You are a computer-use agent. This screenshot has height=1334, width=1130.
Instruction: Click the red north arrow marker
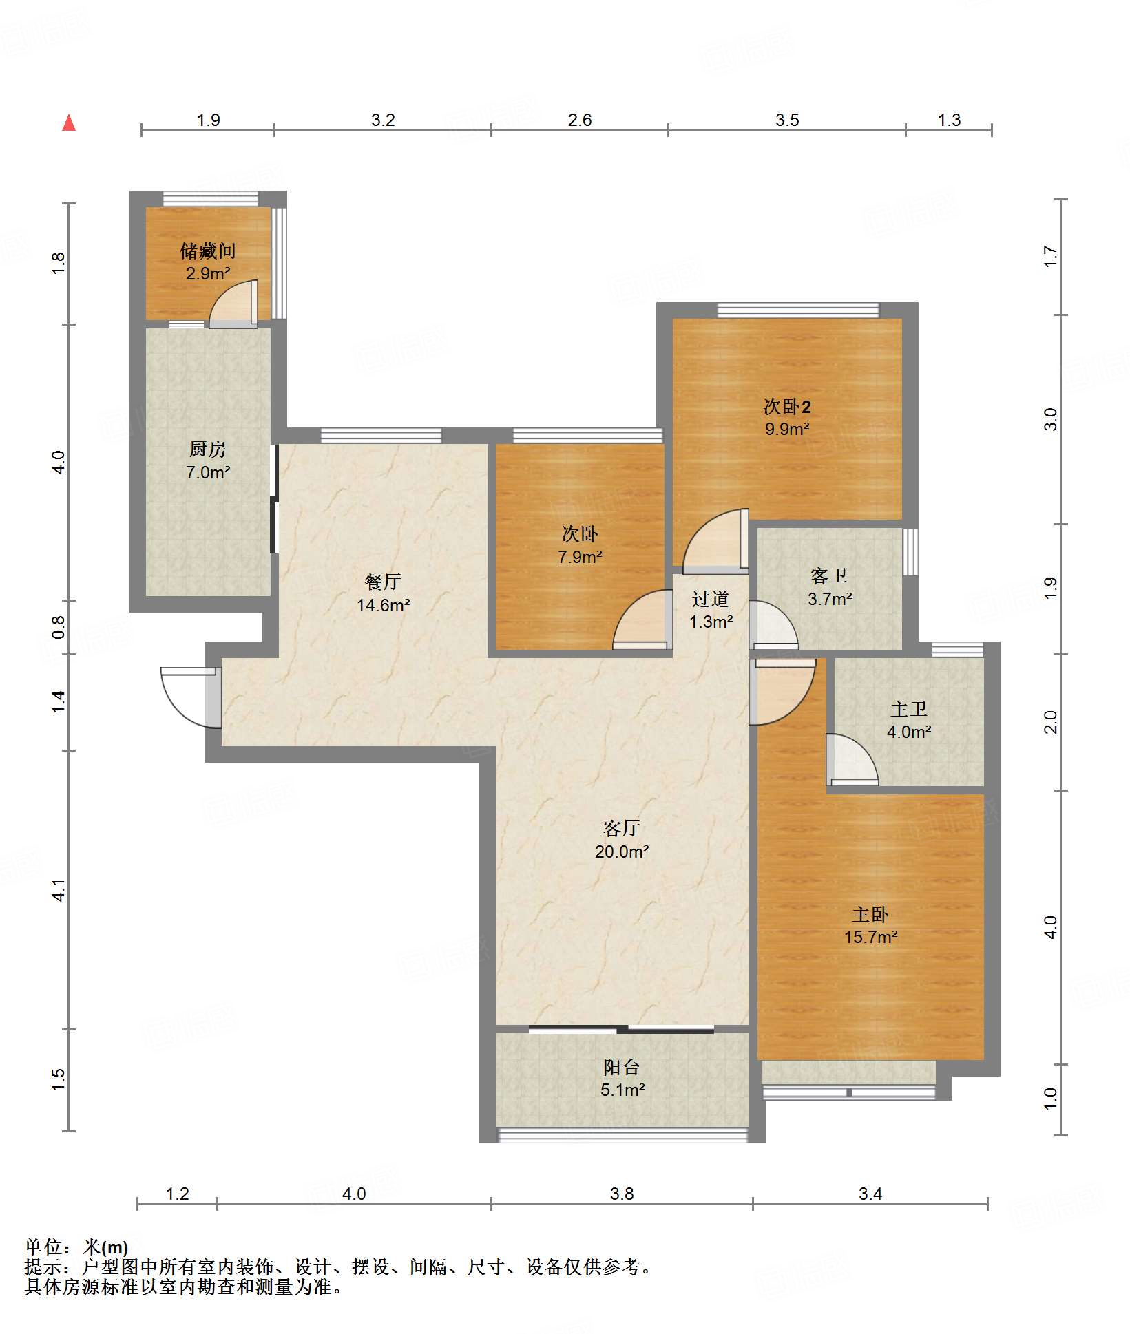pyautogui.click(x=69, y=123)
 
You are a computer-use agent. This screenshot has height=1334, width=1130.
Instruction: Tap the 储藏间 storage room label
pyautogui.click(x=208, y=251)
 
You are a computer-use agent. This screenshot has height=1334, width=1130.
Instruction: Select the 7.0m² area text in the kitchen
pyautogui.click(x=208, y=472)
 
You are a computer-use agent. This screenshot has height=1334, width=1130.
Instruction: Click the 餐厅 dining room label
pyautogui.click(x=383, y=582)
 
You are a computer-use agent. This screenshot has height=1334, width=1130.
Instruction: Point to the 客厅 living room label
pyautogui.click(x=622, y=828)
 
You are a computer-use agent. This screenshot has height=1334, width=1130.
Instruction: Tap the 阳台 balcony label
pyautogui.click(x=622, y=1067)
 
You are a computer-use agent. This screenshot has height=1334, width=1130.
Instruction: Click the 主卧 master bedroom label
pyautogui.click(x=870, y=914)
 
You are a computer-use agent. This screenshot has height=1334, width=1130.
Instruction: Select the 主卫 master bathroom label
pyautogui.click(x=909, y=709)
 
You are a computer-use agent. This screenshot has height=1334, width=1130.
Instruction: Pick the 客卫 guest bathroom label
pyautogui.click(x=829, y=575)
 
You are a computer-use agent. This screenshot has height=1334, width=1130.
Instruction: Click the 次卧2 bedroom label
pyautogui.click(x=787, y=406)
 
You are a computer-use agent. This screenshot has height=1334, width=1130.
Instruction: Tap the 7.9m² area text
pyautogui.click(x=580, y=557)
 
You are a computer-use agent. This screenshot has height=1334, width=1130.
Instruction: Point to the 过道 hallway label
pyautogui.click(x=711, y=599)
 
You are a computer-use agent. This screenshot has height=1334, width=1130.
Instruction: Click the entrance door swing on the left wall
pyautogui.click(x=190, y=697)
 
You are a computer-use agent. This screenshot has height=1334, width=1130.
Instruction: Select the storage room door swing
pyautogui.click(x=233, y=304)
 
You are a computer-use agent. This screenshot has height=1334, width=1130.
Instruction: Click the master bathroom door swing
pyautogui.click(x=852, y=760)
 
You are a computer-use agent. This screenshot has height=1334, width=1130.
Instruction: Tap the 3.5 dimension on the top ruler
pyautogui.click(x=787, y=120)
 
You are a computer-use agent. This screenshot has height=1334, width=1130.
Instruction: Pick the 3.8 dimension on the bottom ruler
pyautogui.click(x=622, y=1194)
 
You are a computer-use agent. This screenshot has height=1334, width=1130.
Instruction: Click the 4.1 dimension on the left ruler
pyautogui.click(x=59, y=890)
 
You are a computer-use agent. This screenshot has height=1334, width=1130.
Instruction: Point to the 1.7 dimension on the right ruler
pyautogui.click(x=1049, y=256)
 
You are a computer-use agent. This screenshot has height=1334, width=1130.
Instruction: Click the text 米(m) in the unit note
pyautogui.click(x=105, y=1247)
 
